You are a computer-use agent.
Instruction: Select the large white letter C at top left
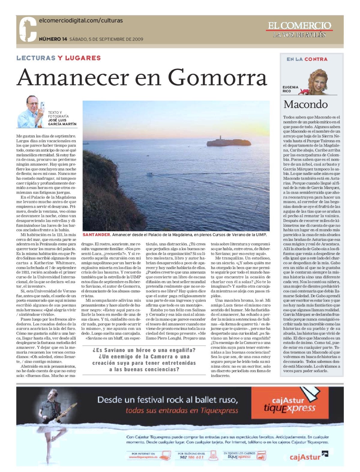tap(28, 29)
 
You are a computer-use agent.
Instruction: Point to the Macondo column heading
tap(305, 104)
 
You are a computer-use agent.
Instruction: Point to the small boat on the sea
tap(150, 174)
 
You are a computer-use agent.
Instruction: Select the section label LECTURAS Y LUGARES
tap(58, 58)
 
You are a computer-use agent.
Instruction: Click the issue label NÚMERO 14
tap(53, 39)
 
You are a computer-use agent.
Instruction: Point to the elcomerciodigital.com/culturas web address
tap(81, 21)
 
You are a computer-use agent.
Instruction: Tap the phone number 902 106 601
tap(192, 457)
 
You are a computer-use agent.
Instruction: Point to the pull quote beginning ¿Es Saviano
tap(144, 360)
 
